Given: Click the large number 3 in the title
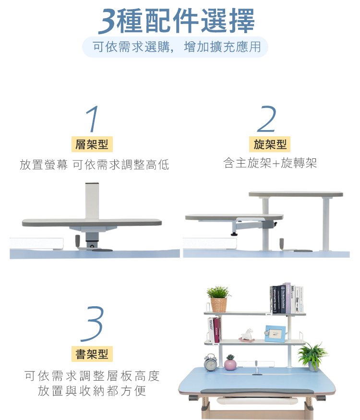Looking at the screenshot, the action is pyautogui.click(x=108, y=22).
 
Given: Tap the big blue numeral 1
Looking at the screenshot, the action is pyautogui.click(x=93, y=119).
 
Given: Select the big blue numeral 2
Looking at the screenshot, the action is pyautogui.click(x=267, y=119).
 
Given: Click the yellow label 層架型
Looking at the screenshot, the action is pyautogui.click(x=92, y=144).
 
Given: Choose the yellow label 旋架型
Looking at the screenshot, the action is pyautogui.click(x=270, y=144).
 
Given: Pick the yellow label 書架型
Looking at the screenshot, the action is pyautogui.click(x=92, y=354).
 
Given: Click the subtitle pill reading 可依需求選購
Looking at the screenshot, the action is pyautogui.click(x=175, y=47).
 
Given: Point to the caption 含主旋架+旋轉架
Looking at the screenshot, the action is pyautogui.click(x=270, y=164).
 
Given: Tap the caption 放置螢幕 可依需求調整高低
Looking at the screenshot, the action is pyautogui.click(x=94, y=165).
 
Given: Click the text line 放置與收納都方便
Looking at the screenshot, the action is pyautogui.click(x=92, y=391).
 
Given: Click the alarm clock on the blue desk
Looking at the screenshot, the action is pyautogui.click(x=210, y=362).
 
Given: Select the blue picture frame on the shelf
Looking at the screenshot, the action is pyautogui.click(x=275, y=333).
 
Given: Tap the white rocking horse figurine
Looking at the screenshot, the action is pyautogui.click(x=247, y=335).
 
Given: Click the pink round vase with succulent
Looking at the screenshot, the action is pyautogui.click(x=230, y=363).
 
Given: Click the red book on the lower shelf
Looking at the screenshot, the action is pyautogui.click(x=216, y=330).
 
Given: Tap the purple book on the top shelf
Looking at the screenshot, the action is pyautogui.click(x=288, y=298).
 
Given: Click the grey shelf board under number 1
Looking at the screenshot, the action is pyautogui.click(x=92, y=223).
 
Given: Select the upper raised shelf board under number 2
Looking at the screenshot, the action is pyautogui.click(x=296, y=194).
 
